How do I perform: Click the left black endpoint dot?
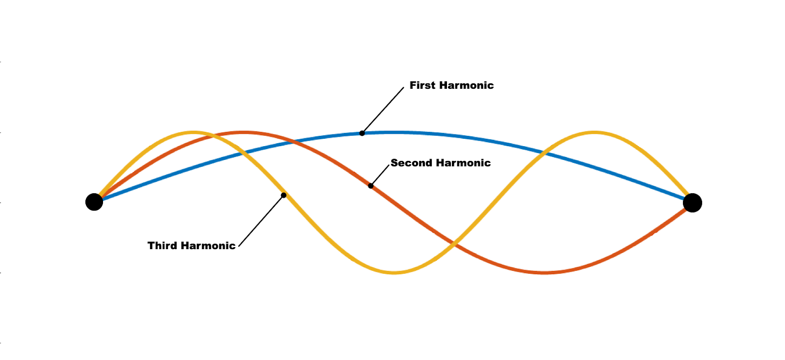[x=94, y=202]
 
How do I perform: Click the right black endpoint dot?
[x=692, y=203]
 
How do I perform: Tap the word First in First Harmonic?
[x=422, y=85]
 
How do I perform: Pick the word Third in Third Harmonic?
[x=162, y=246]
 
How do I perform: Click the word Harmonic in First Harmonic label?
[x=466, y=85]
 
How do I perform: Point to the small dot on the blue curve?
[x=362, y=133]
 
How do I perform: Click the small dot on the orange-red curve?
[x=371, y=186]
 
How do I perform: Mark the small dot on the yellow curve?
[x=284, y=195]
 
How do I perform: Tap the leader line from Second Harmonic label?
[x=380, y=175]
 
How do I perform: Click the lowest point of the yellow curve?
[x=393, y=272]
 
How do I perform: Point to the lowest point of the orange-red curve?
[x=544, y=272]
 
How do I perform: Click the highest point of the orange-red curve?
[x=244, y=132]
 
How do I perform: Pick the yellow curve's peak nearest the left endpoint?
[x=194, y=132]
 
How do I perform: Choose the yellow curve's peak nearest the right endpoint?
[x=594, y=132]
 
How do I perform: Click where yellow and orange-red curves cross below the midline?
[x=454, y=243]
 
